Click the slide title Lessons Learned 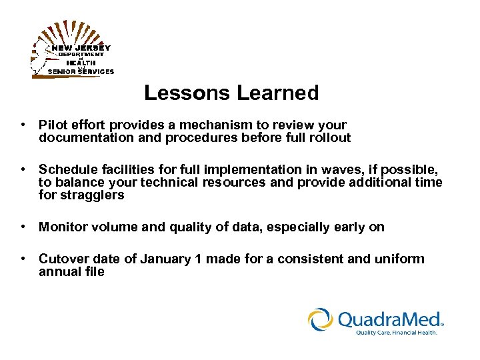pos(231,93)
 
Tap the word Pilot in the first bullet pos(52,125)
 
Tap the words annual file pos(71,271)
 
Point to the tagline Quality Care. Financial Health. pos(396,333)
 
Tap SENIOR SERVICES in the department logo pos(81,71)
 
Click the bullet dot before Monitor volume pos(23,227)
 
